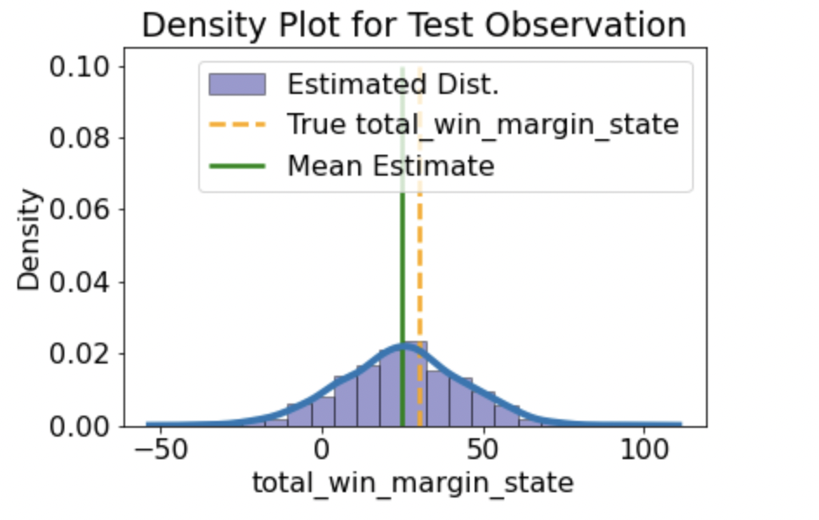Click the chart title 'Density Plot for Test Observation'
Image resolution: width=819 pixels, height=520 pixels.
[x=414, y=25]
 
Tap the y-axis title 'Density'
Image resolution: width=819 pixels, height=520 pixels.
[x=30, y=241]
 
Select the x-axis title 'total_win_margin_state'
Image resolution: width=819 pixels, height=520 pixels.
[x=413, y=483]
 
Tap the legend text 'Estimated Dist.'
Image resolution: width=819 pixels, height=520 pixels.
[x=393, y=85]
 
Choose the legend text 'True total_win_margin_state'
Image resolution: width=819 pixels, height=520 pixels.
[x=483, y=124]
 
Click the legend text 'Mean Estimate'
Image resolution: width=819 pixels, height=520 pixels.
[x=390, y=164]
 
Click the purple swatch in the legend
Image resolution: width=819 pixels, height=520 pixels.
[x=236, y=85]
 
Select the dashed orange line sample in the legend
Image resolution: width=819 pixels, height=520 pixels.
[x=236, y=125]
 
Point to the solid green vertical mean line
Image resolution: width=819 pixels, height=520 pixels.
[x=403, y=261]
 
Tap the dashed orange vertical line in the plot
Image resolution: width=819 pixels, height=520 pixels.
[x=420, y=261]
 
